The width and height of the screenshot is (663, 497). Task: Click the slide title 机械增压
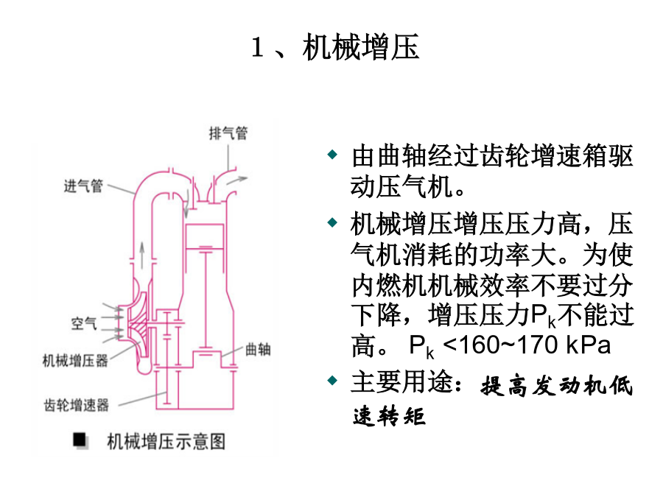click(x=361, y=47)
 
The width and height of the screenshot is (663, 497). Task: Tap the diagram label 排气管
click(x=228, y=133)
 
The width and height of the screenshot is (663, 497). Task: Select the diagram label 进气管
click(x=83, y=186)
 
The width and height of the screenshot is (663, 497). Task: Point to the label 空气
click(x=84, y=323)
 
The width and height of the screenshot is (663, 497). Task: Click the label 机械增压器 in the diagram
click(x=75, y=361)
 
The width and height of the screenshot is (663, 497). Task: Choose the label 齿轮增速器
click(x=77, y=405)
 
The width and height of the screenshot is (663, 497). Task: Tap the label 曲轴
click(x=258, y=350)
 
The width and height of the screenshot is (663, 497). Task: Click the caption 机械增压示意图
click(x=166, y=442)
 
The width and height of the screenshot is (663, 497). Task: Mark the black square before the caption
click(x=80, y=440)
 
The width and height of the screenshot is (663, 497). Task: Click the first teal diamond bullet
click(x=333, y=155)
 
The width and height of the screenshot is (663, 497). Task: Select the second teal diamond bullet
click(x=333, y=222)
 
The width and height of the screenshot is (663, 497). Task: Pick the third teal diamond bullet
click(x=333, y=381)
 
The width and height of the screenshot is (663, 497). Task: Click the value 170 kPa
click(x=564, y=345)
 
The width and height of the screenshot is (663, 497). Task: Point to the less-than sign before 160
click(x=451, y=345)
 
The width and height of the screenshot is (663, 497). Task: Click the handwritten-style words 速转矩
click(x=389, y=416)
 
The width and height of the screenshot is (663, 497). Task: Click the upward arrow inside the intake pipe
click(x=142, y=255)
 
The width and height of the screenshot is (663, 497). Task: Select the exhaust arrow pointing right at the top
click(x=236, y=180)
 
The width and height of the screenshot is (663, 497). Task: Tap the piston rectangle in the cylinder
click(x=205, y=236)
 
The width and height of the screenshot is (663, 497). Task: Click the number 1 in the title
click(x=258, y=47)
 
